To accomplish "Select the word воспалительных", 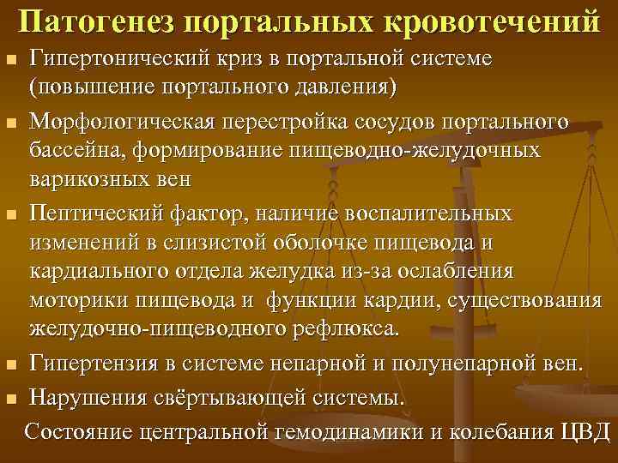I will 421,212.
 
